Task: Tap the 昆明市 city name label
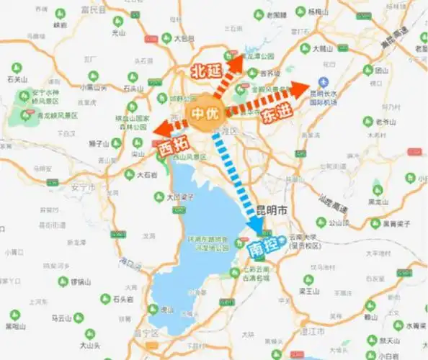272,212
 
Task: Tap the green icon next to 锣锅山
63,281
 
